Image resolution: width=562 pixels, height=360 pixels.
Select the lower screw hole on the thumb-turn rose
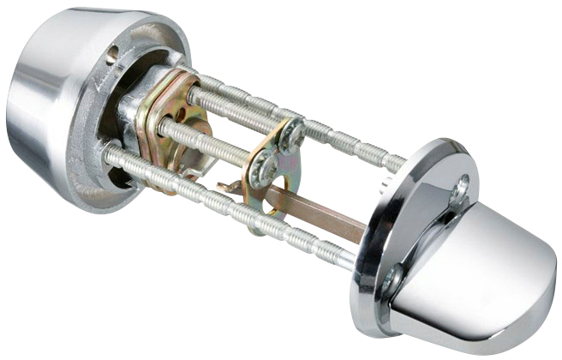(393, 279)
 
